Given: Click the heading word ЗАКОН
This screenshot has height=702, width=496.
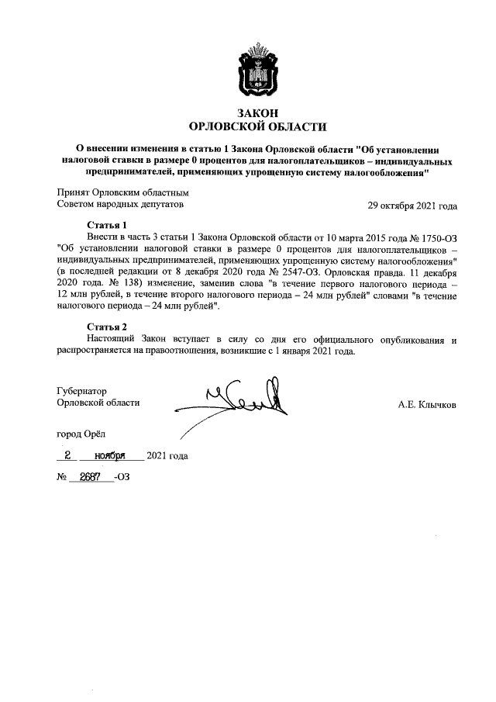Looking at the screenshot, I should [x=258, y=112].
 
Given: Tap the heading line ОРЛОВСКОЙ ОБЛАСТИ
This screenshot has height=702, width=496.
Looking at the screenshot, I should [x=258, y=126].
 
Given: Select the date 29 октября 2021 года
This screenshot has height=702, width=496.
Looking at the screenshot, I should [x=412, y=206].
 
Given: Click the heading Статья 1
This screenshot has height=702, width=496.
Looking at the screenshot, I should [x=106, y=225].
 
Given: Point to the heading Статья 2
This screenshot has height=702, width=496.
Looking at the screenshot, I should [x=106, y=326].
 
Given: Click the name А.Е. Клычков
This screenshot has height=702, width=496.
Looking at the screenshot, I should [x=426, y=404].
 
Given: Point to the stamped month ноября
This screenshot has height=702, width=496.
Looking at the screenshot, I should [x=110, y=456].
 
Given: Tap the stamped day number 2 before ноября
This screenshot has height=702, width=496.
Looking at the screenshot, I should [x=68, y=456].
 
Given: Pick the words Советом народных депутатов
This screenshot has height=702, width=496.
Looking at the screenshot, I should [x=122, y=206].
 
